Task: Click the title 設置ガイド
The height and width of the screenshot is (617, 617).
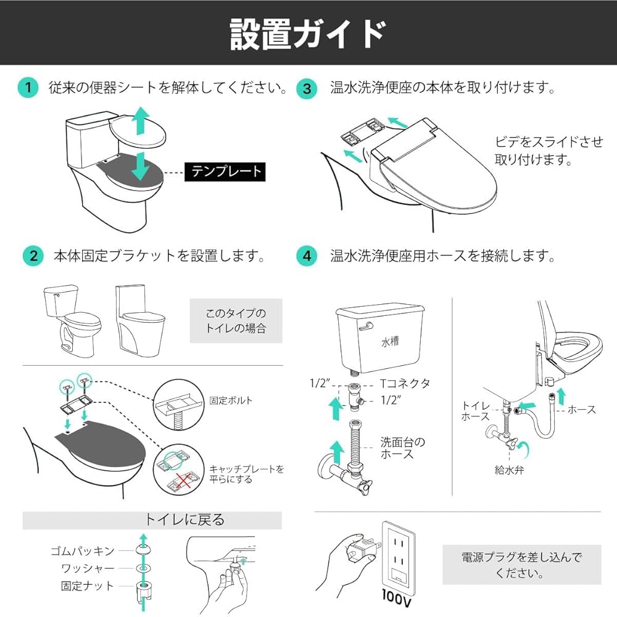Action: coord(308,33)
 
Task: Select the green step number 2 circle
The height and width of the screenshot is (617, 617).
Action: coord(33,255)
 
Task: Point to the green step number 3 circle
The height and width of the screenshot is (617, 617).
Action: coord(307,88)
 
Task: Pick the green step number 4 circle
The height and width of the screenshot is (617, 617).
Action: coord(307,255)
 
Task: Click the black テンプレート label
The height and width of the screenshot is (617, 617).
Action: coord(226,172)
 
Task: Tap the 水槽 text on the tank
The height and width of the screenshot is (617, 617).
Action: coord(390,341)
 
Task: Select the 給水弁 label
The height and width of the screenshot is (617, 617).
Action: coord(509,470)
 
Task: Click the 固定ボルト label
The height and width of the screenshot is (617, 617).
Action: coord(231,401)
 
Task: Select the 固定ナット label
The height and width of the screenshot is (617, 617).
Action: coord(88,585)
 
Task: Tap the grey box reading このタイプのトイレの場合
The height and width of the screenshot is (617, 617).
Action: coord(236,321)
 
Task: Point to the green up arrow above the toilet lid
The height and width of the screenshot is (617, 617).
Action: coord(141,119)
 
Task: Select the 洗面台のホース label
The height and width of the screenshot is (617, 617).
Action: coord(402,448)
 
